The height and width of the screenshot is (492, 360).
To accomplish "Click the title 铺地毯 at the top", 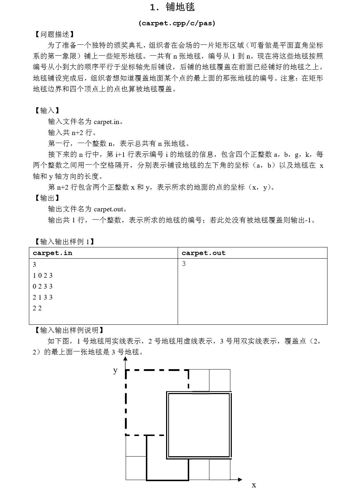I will point(172,8).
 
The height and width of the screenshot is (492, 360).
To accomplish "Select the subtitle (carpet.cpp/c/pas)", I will point(177,23).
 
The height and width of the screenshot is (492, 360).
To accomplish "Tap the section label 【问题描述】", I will point(54,34).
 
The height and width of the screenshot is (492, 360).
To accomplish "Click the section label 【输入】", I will point(47,111).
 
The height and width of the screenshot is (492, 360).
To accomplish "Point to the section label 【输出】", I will point(47,198).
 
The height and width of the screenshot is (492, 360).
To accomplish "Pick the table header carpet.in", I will point(52,253).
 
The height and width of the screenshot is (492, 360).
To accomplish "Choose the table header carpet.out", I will point(203,253).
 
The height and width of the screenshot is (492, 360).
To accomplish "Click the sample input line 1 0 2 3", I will point(43,275).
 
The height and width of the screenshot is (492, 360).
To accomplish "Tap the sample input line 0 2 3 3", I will point(43,286).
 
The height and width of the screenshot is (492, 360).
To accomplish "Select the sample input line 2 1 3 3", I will point(43,297).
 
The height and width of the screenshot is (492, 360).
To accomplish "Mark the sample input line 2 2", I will point(37,308).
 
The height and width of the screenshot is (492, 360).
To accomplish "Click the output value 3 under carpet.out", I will point(184,264).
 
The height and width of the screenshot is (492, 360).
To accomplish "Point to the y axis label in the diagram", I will point(115,371).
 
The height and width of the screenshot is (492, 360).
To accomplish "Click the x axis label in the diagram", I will point(254,485).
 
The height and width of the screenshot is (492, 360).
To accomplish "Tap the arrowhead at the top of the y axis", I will point(126,359).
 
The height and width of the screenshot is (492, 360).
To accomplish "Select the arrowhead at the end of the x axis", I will point(240,480).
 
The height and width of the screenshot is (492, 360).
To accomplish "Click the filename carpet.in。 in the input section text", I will point(108,122).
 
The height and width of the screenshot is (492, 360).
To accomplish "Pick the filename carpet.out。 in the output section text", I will point(110,209).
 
